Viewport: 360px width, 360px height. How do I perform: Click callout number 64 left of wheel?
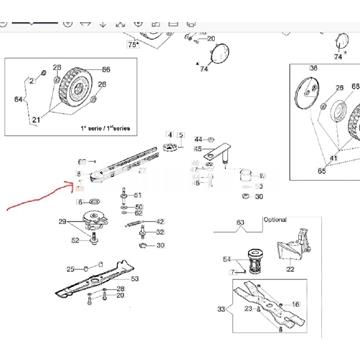[x=16, y=99]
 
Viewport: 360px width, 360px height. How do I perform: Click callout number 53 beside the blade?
[x=135, y=279]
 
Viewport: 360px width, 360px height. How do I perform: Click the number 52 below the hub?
[x=75, y=240]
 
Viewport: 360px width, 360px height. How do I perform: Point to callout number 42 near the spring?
[x=160, y=222]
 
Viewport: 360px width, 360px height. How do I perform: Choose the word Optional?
[x=274, y=218]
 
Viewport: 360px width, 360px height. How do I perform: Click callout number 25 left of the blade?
[x=70, y=269]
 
